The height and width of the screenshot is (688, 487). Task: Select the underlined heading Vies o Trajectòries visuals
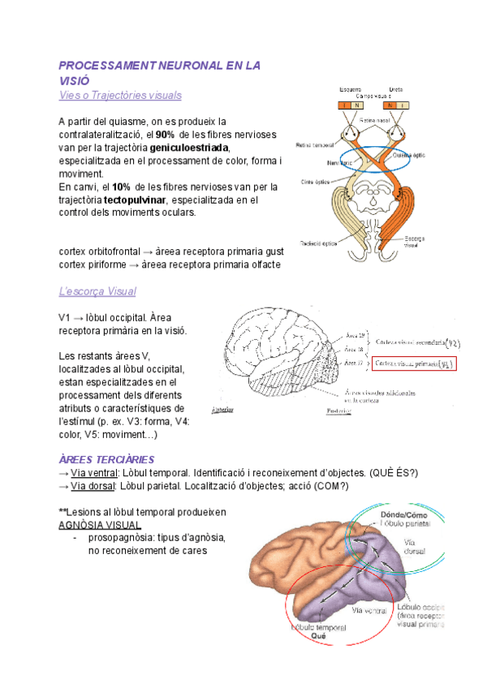120,95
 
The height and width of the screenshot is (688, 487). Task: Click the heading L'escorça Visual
97,291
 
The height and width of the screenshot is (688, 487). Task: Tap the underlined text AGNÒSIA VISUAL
100,525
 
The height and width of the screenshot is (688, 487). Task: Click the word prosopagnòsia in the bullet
121,538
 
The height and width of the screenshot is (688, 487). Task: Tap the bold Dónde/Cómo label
403,514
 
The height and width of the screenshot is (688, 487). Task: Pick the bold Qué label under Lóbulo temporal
320,637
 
